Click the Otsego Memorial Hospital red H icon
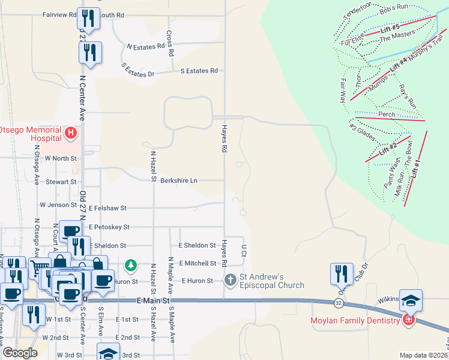[x=71, y=132]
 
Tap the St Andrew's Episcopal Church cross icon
[x=230, y=280]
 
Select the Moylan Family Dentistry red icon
[x=409, y=320]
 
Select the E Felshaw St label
[x=107, y=208]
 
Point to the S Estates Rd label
[x=199, y=71]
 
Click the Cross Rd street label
[x=170, y=44]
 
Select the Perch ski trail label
[x=387, y=114]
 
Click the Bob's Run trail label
[x=394, y=7]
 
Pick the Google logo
[x=20, y=353]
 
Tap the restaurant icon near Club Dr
[x=341, y=274]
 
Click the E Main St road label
[x=154, y=300]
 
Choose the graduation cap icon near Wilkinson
[x=411, y=299]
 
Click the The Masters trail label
[x=397, y=35]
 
